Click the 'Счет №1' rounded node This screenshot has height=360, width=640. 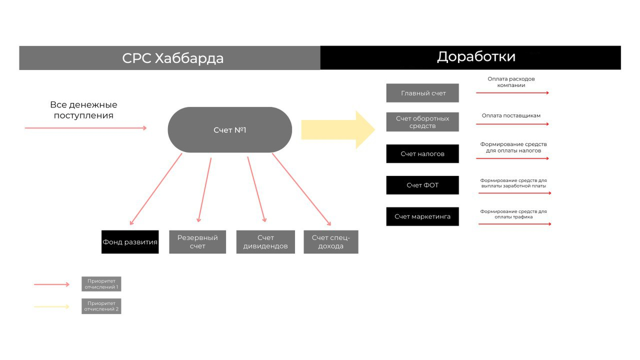(230, 130)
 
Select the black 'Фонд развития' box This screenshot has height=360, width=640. (130, 242)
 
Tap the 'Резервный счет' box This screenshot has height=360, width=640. (197, 242)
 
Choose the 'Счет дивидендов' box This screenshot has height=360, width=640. (265, 242)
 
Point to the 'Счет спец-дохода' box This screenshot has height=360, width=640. (331, 242)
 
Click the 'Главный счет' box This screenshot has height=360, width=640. (422, 93)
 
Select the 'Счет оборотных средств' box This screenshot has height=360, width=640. (422, 122)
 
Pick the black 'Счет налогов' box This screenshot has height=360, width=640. (422, 154)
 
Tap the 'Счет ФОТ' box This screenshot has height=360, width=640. (422, 185)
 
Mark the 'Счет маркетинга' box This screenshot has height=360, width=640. (422, 217)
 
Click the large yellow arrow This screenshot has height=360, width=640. (338, 130)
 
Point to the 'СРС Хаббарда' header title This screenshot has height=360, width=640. (173, 58)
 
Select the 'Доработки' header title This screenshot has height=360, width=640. (476, 57)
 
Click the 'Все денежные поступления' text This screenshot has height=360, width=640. (84, 110)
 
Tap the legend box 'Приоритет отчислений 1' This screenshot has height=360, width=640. (101, 284)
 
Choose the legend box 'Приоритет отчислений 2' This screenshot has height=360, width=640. (101, 306)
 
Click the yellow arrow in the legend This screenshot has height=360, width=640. (52, 307)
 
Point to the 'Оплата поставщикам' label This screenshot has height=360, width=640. (511, 116)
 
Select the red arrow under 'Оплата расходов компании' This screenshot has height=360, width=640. (512, 93)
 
